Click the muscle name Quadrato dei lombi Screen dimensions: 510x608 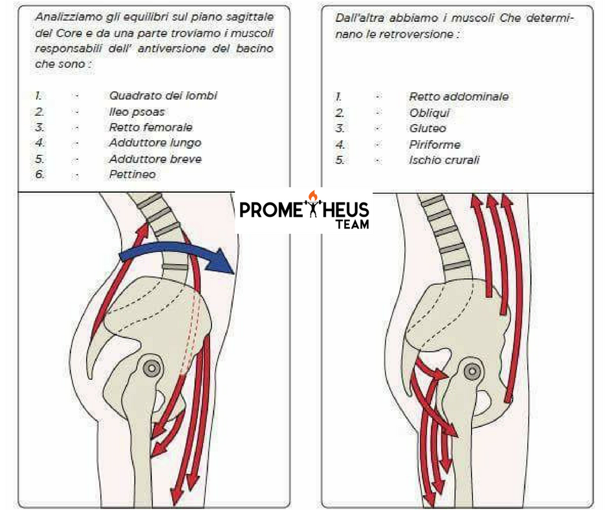(x=163, y=96)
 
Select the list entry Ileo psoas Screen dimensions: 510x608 (x=136, y=112)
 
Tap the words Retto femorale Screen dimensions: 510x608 (x=151, y=127)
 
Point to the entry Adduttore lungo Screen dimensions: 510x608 (x=155, y=143)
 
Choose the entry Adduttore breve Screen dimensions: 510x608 (x=155, y=159)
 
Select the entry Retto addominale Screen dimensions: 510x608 (x=459, y=96)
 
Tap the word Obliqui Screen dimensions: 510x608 (x=429, y=113)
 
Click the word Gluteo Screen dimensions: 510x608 (x=427, y=128)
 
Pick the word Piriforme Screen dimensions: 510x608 (x=435, y=144)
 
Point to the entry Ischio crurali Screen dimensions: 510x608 (x=444, y=160)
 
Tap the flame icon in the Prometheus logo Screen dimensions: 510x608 (x=314, y=195)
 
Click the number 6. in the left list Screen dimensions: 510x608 (x=39, y=174)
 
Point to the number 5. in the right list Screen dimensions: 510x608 (x=340, y=160)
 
